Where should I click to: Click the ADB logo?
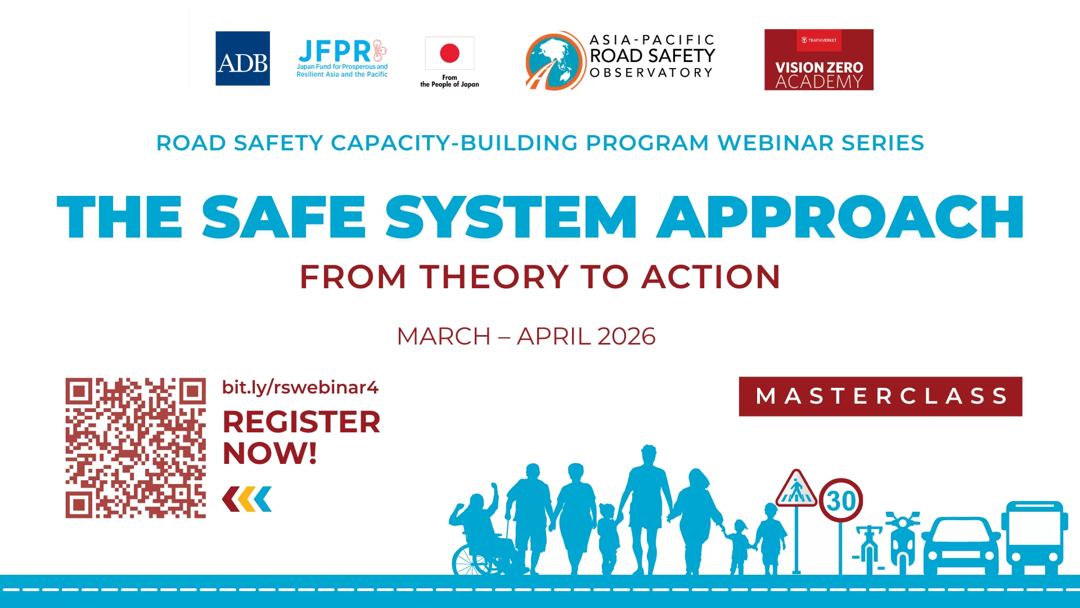[242, 59]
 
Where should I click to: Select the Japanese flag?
[449, 53]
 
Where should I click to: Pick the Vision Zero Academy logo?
[818, 60]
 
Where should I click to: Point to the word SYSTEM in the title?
[511, 217]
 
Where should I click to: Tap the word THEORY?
[494, 277]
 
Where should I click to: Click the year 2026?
[626, 337]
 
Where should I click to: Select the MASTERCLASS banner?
[880, 396]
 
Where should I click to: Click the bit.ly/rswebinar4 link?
[300, 387]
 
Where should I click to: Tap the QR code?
[136, 448]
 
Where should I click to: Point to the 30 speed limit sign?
[841, 500]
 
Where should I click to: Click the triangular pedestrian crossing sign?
[796, 489]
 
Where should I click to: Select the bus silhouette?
[1034, 538]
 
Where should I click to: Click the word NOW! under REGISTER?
[270, 453]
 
